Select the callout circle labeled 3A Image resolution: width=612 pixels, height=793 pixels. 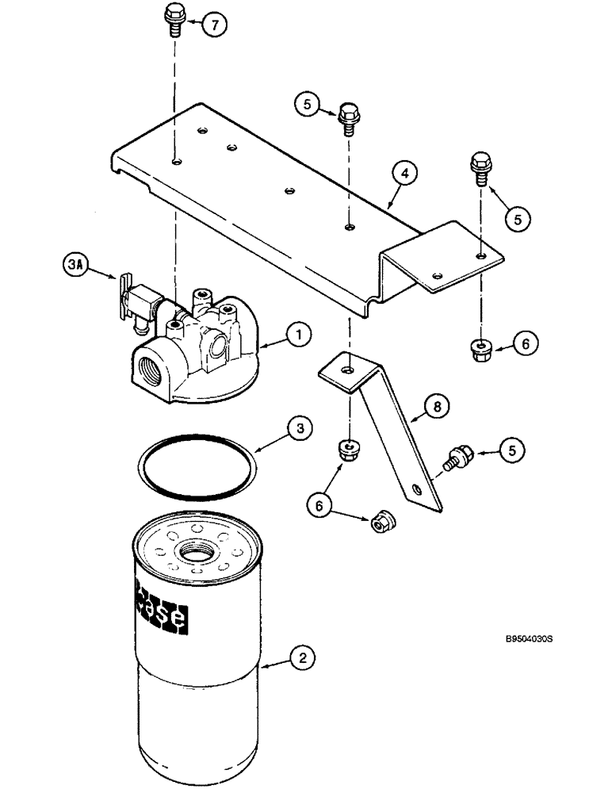(x=73, y=263)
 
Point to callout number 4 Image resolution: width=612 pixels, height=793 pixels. (x=404, y=173)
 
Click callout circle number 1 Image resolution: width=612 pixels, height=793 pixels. (x=298, y=337)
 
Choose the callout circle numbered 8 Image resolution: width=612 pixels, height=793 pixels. (x=437, y=407)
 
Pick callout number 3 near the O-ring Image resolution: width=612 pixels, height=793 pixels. (x=297, y=429)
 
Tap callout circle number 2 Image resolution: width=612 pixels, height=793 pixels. (x=299, y=657)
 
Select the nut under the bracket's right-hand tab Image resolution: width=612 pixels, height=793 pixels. (x=481, y=347)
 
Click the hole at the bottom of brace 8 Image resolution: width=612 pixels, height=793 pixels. (x=417, y=490)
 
